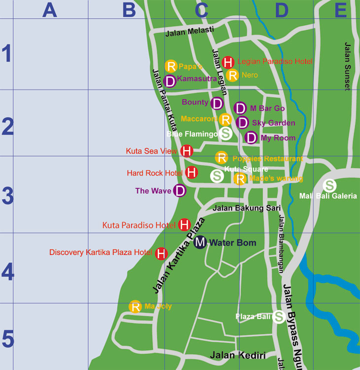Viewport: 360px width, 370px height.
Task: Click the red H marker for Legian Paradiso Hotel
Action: (x=228, y=62)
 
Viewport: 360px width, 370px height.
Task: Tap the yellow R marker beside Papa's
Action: (x=171, y=66)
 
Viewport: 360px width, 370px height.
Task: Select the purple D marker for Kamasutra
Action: (x=170, y=81)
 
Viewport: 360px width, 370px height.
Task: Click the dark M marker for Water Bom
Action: (x=200, y=242)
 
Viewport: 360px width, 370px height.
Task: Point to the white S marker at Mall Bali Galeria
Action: (x=329, y=186)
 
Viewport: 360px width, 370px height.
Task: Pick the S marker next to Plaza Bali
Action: (x=279, y=317)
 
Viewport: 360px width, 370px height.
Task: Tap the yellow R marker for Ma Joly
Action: (x=135, y=307)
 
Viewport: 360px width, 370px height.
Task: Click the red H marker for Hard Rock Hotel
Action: (x=192, y=173)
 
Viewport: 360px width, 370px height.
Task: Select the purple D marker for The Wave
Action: (x=180, y=191)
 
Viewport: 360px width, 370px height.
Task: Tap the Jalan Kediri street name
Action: (x=238, y=355)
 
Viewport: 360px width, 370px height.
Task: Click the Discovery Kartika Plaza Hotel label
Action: (x=101, y=252)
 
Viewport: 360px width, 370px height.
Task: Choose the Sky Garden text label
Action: (x=273, y=123)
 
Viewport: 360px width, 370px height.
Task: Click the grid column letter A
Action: (x=50, y=9)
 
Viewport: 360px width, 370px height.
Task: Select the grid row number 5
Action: (x=7, y=340)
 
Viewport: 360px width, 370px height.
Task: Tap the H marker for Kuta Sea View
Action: (x=187, y=151)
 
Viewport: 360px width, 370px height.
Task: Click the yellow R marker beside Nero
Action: (x=233, y=75)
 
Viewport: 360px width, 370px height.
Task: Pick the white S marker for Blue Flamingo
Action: (x=226, y=133)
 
